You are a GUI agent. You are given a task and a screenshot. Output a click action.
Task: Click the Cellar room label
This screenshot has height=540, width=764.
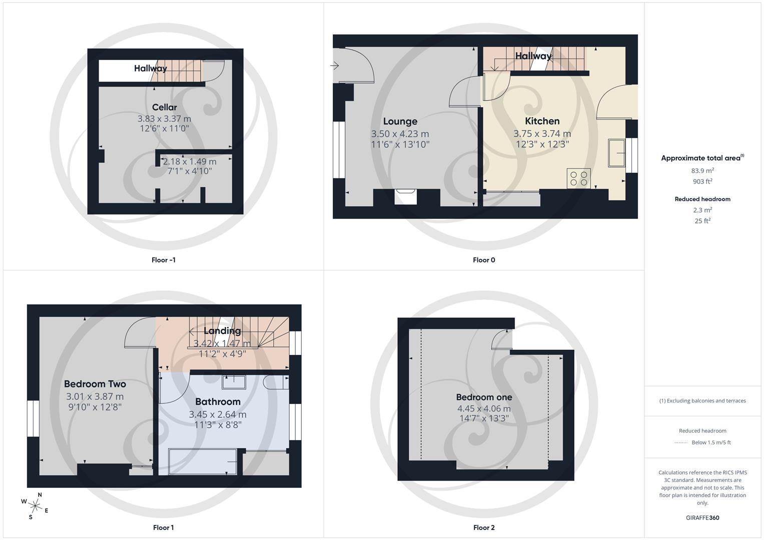coord(165,107)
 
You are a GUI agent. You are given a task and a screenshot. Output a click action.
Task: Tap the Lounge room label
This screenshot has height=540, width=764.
coord(400,121)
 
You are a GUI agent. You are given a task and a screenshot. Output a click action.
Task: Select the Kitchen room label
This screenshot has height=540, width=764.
coord(542,121)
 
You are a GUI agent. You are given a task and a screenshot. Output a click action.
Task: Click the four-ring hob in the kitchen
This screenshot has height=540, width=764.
coord(579,178)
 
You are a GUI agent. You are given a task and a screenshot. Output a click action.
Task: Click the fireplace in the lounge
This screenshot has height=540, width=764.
coord(406,196)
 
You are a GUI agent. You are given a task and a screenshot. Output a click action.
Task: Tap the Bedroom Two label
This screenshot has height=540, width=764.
coord(95,384)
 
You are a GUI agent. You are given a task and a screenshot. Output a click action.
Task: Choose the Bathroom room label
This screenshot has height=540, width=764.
coord(218,401)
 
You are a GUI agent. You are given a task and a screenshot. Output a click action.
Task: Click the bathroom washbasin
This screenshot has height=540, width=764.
coord(234,381)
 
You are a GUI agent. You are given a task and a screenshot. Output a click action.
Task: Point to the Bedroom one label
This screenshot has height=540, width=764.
coord(484,397)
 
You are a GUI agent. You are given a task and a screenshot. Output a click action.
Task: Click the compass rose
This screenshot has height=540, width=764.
coord(36,505)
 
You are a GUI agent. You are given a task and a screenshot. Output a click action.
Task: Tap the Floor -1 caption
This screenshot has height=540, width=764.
coord(164,260)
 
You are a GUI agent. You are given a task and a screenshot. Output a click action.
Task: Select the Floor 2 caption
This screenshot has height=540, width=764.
coord(484,527)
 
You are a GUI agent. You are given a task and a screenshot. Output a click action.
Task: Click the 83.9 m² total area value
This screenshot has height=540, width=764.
coord(702,170)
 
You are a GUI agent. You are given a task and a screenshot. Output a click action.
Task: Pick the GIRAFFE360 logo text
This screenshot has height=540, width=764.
coord(702,517)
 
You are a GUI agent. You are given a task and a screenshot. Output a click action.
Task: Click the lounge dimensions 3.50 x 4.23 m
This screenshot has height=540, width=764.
coord(400,133)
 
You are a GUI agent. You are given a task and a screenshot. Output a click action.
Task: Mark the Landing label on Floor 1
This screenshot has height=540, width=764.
coord(222,330)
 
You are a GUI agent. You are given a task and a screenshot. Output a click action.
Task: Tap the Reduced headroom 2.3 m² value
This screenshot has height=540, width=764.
coord(702,210)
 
